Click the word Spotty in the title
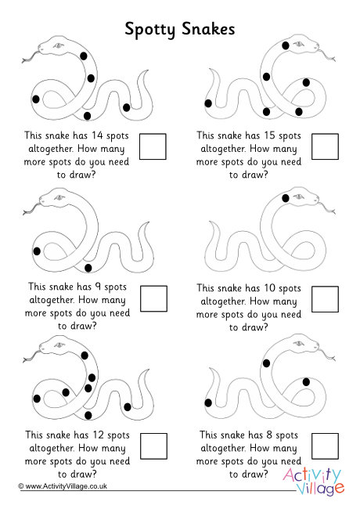[x=149, y=30]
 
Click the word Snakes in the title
[x=208, y=28]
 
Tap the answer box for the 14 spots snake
[x=153, y=146]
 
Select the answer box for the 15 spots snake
[x=325, y=146]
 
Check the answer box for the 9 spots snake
[x=153, y=298]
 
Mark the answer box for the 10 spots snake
[x=325, y=299]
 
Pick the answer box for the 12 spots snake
[x=153, y=446]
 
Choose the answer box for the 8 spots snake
[x=325, y=446]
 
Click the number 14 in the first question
[x=97, y=135]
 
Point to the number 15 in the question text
[x=269, y=135]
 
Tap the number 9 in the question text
[x=98, y=287]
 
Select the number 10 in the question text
[x=269, y=288]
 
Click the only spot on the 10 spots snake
[x=286, y=198]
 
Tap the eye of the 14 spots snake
[x=58, y=45]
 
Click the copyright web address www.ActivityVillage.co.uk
[x=67, y=486]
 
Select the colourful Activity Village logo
[x=313, y=482]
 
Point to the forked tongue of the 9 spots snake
[x=31, y=209]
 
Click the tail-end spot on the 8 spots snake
[x=208, y=403]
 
